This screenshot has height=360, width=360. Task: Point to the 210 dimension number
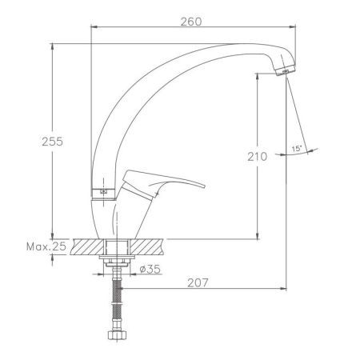click(x=257, y=157)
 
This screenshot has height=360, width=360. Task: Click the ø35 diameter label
click(x=150, y=269)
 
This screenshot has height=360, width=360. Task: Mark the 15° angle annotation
click(x=296, y=148)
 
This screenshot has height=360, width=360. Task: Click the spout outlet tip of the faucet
click(x=281, y=74)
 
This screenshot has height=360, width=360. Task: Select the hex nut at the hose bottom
click(x=119, y=337)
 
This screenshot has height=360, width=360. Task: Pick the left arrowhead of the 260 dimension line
click(x=90, y=27)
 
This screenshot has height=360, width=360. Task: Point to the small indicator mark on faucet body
click(x=102, y=191)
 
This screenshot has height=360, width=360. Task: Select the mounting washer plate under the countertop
click(x=119, y=260)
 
